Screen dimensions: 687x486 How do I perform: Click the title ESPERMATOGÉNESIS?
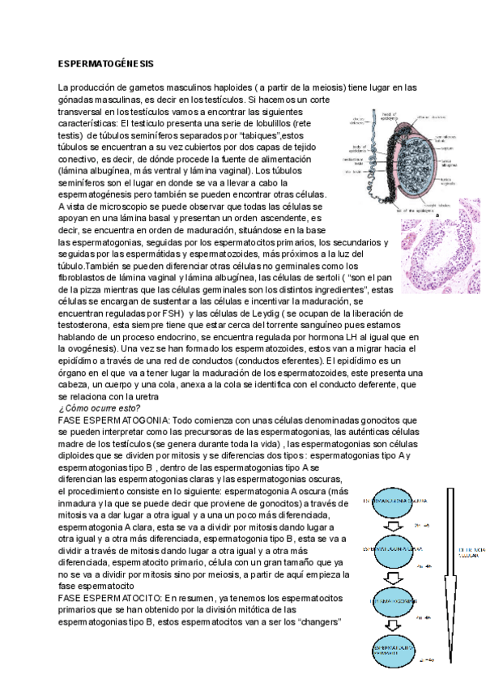pyautogui.click(x=106, y=62)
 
